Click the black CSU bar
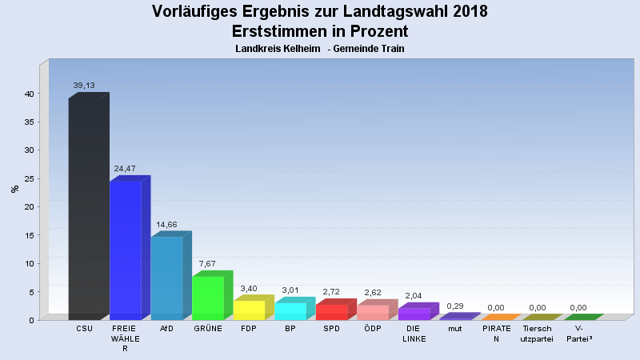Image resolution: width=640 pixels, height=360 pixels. coord(84,208)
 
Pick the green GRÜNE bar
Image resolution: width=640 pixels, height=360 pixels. coord(207,298)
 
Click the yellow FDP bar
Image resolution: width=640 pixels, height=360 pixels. coord(249,310)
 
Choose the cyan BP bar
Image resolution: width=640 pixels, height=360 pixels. coord(290,311)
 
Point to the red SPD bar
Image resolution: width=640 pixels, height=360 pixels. coord(331,312)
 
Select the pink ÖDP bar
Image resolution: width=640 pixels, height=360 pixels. coord(372,312)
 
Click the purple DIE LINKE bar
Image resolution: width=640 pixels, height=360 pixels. coord(414,314)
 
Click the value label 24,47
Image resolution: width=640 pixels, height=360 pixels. coord(125,169)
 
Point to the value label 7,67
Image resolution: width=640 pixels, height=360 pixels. coord(207,263)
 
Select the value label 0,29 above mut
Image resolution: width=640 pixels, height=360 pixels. coord(455,306)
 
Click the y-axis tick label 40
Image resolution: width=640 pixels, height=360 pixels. coord(28,93)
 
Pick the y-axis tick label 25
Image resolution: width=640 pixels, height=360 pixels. coord(28,178)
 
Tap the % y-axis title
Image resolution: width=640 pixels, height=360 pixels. coord(14,189)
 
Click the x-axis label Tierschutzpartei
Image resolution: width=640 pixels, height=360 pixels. coord(537,334)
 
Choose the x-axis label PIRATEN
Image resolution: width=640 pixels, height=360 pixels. coord(496,334)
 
